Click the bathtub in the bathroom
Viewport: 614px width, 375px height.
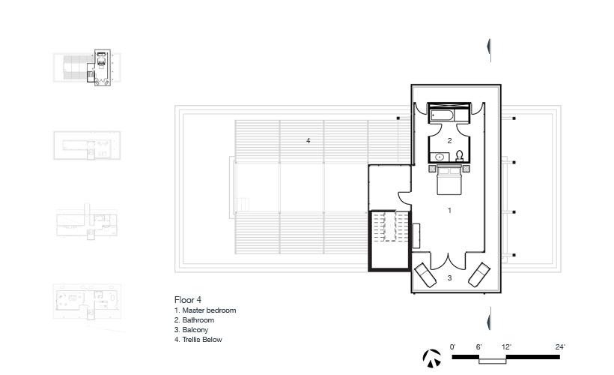pyautogui.click(x=442, y=115)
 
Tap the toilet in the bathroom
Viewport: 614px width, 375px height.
pyautogui.click(x=459, y=156)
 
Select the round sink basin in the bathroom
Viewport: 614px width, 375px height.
pyautogui.click(x=440, y=157)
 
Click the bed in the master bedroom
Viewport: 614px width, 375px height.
pyautogui.click(x=449, y=180)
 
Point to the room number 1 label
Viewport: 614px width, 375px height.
pyautogui.click(x=449, y=211)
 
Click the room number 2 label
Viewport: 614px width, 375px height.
pyautogui.click(x=449, y=140)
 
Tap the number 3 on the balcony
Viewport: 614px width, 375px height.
pyautogui.click(x=449, y=277)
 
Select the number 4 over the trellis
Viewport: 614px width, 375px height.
pyautogui.click(x=308, y=140)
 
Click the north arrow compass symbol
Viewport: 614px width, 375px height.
pyautogui.click(x=431, y=358)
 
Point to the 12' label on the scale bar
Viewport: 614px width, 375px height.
pyautogui.click(x=506, y=347)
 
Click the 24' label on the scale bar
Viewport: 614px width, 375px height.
pyautogui.click(x=560, y=347)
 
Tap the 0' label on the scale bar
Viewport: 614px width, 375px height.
pyautogui.click(x=453, y=347)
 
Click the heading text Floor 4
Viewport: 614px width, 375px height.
pyautogui.click(x=188, y=300)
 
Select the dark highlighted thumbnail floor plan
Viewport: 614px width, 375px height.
pyautogui.click(x=99, y=67)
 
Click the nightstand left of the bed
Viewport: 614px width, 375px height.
pyautogui.click(x=433, y=169)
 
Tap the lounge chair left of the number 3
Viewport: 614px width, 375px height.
pyautogui.click(x=425, y=275)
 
